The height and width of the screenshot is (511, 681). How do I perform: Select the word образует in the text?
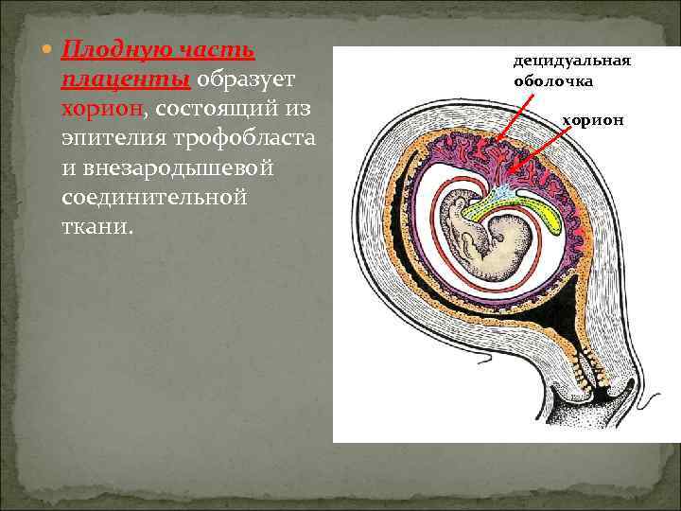pyautogui.click(x=247, y=78)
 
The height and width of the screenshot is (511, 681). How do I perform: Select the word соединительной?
pyautogui.click(x=153, y=199)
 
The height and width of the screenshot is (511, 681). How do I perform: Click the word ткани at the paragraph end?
pyautogui.click(x=96, y=228)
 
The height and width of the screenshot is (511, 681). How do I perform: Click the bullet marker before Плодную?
pyautogui.click(x=47, y=47)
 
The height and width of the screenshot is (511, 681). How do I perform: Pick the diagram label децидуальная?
pyautogui.click(x=570, y=61)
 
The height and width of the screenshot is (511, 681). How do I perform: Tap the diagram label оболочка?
pyautogui.click(x=553, y=81)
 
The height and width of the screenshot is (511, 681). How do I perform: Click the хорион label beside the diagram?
pyautogui.click(x=593, y=120)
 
